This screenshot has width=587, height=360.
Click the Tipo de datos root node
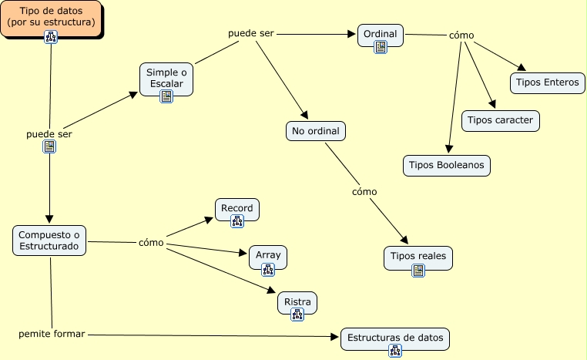pyautogui.click(x=51, y=17)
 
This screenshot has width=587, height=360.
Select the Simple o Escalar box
pyautogui.click(x=166, y=77)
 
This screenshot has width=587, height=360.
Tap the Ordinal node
pyautogui.click(x=381, y=34)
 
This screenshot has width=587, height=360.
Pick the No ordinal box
pyautogui.click(x=316, y=131)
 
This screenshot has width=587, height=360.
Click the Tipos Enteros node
pyautogui.click(x=547, y=82)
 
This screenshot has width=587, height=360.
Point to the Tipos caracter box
pyautogui.click(x=500, y=120)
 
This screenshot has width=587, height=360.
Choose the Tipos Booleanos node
pyautogui.click(x=447, y=165)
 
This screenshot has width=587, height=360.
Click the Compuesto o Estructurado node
pyautogui.click(x=49, y=240)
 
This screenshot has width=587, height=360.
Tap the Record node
pyautogui.click(x=237, y=209)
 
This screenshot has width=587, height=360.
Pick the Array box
pyautogui.click(x=268, y=255)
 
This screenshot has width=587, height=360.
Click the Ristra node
pyautogui.click(x=297, y=302)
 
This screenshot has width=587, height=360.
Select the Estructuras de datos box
pyautogui.click(x=394, y=338)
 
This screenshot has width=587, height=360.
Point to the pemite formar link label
pyautogui.click(x=52, y=334)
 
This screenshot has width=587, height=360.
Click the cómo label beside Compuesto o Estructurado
pyautogui.click(x=151, y=242)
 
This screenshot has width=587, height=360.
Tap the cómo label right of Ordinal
pyautogui.click(x=461, y=35)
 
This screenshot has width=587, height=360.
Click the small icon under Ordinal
pyautogui.click(x=381, y=47)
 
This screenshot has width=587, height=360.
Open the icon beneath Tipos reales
pyautogui.click(x=418, y=270)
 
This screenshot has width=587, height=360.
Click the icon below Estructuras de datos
pyautogui.click(x=395, y=352)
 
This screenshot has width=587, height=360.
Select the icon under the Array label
pyautogui.click(x=268, y=269)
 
